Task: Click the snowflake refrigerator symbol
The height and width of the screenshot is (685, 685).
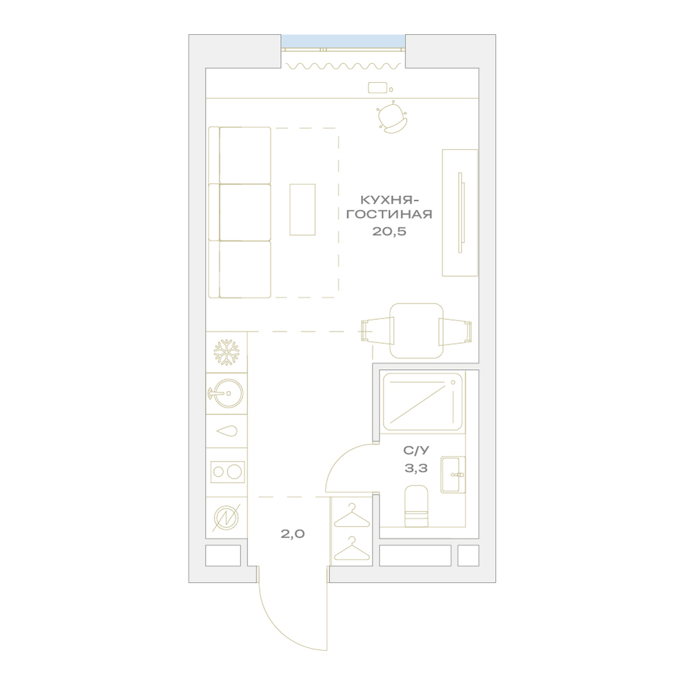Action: click(226, 352)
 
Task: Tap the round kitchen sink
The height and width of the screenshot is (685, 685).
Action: click(226, 393)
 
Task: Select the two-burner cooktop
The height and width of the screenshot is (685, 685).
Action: click(227, 472)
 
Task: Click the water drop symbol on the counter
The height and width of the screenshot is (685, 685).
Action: click(227, 431)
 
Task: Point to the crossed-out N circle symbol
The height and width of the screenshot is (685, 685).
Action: click(227, 518)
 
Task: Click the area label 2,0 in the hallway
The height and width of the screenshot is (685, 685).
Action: click(292, 534)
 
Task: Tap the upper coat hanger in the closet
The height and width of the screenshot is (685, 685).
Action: click(351, 516)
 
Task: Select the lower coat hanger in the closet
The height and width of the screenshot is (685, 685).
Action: click(351, 549)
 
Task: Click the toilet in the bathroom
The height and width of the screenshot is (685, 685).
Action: click(416, 506)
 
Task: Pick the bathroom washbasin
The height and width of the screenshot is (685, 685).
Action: click(453, 475)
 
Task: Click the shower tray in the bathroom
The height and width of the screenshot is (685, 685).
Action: click(422, 401)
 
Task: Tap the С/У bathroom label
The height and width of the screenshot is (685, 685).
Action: click(416, 450)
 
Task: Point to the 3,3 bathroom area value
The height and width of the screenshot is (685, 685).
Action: click(416, 469)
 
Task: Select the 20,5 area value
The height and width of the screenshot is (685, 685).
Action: click(389, 231)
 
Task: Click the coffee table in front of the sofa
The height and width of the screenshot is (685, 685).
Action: click(302, 210)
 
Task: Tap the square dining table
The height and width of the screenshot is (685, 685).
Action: click(416, 331)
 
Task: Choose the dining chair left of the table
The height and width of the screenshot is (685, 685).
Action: click(377, 331)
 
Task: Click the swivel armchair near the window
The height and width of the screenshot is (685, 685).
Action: click(393, 117)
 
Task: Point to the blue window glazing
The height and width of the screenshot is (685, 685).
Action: click(343, 41)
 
